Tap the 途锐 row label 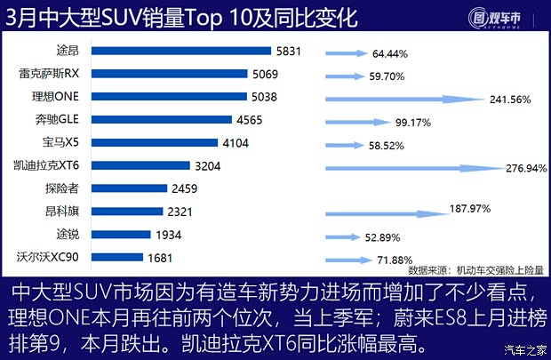point(68,235)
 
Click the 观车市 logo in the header point(500,17)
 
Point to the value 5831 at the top point(290,52)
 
